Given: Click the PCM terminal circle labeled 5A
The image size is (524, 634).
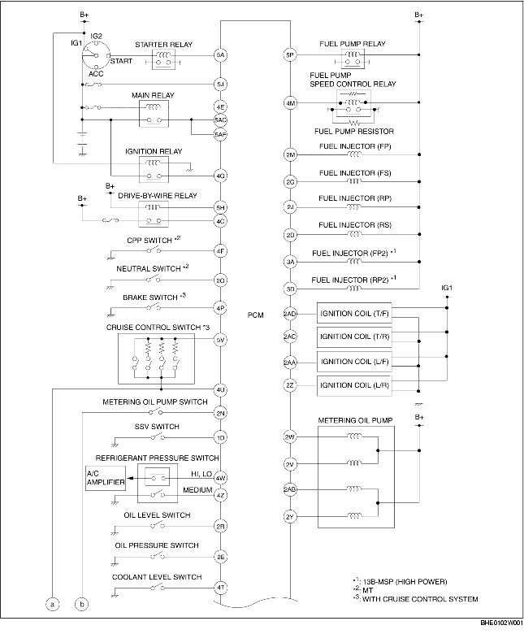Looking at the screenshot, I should coord(220,56).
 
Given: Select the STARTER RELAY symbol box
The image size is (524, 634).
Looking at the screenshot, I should coord(165,58).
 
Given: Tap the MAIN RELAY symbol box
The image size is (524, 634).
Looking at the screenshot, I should coord(154,115).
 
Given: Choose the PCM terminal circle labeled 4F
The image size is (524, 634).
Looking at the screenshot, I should coord(220,251).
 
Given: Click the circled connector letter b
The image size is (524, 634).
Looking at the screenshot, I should coord(81,604).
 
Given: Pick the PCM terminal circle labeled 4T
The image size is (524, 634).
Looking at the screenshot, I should coord(220,587).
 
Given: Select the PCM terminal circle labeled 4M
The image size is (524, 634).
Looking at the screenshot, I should coord(290,103).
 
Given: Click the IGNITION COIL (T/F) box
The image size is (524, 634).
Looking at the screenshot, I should coord(355,314).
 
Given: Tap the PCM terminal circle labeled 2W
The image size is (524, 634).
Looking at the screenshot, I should coord(290,437).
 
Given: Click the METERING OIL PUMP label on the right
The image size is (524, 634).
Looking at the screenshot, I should coord(356,419).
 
